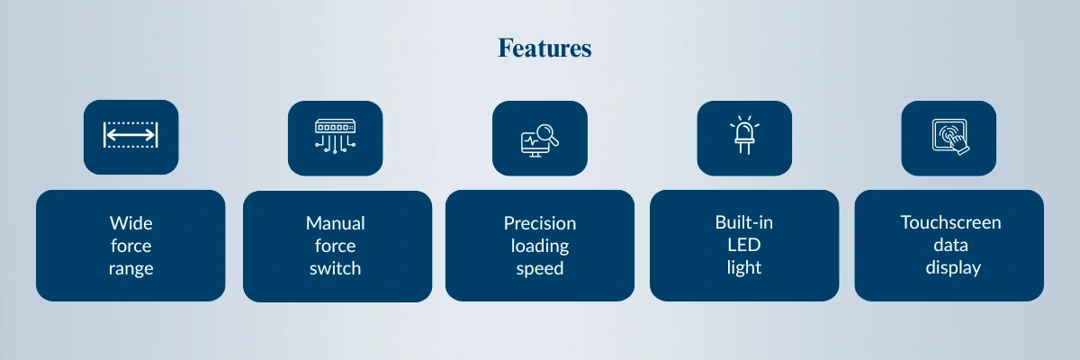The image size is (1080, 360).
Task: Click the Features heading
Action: click(x=544, y=49)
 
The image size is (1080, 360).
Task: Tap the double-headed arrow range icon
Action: click(x=130, y=134)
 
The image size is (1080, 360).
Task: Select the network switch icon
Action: click(x=335, y=137)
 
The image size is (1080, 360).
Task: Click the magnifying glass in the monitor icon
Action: click(x=548, y=134)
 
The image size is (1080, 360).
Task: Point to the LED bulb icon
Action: click(x=744, y=135)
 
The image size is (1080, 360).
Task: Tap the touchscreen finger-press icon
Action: click(x=950, y=137)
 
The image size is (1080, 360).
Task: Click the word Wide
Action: click(x=131, y=223)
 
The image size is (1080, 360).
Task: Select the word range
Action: click(x=131, y=268)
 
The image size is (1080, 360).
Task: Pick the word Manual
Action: click(x=336, y=223)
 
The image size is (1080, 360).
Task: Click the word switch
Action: click(x=336, y=268)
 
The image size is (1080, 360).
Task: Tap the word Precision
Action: click(x=540, y=223)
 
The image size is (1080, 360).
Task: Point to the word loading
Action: click(x=540, y=246)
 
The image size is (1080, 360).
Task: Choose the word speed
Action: click(x=540, y=268)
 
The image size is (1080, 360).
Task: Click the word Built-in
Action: click(x=744, y=222)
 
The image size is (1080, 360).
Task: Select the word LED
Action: click(x=744, y=245)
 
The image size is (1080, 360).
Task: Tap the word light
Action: click(x=744, y=267)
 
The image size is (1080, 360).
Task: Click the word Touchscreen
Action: click(x=950, y=222)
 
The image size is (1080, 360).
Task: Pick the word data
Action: click(x=950, y=245)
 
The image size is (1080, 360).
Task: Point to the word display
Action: click(x=953, y=267)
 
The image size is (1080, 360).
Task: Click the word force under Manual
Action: click(x=336, y=246)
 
